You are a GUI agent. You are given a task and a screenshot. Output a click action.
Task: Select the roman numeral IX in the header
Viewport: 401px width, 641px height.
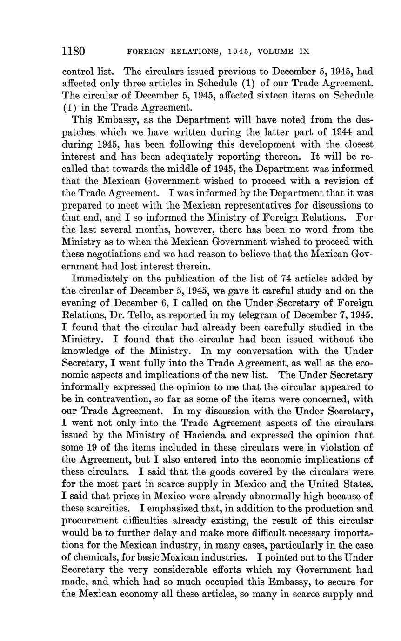(x=303, y=52)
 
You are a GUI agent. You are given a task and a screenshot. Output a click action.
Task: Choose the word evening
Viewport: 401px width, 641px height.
(x=81, y=303)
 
